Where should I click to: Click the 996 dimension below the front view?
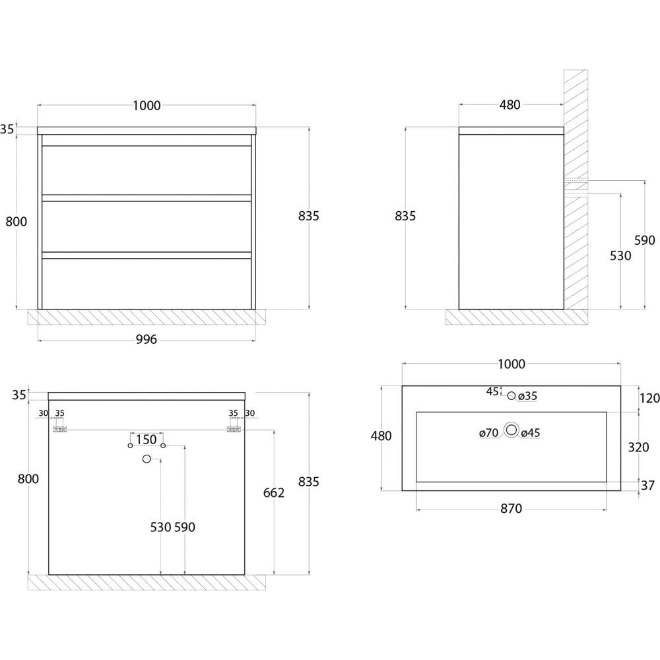[147, 339]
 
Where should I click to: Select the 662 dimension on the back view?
[274, 492]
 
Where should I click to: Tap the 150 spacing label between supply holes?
[147, 440]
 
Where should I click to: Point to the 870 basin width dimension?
[511, 508]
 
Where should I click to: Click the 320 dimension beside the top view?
[638, 447]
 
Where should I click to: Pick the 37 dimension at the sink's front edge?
[648, 485]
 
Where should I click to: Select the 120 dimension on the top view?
[649, 398]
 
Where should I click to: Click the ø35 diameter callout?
[527, 396]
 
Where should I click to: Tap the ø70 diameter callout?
[488, 433]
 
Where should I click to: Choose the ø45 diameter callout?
[531, 433]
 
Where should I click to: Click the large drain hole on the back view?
[147, 459]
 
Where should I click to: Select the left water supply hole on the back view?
[131, 445]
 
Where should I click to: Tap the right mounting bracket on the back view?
[234, 430]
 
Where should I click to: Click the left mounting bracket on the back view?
[60, 430]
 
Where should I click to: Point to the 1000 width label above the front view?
[147, 105]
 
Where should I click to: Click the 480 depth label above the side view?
[510, 105]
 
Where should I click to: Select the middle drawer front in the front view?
[147, 226]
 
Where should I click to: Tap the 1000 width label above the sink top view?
[511, 364]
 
